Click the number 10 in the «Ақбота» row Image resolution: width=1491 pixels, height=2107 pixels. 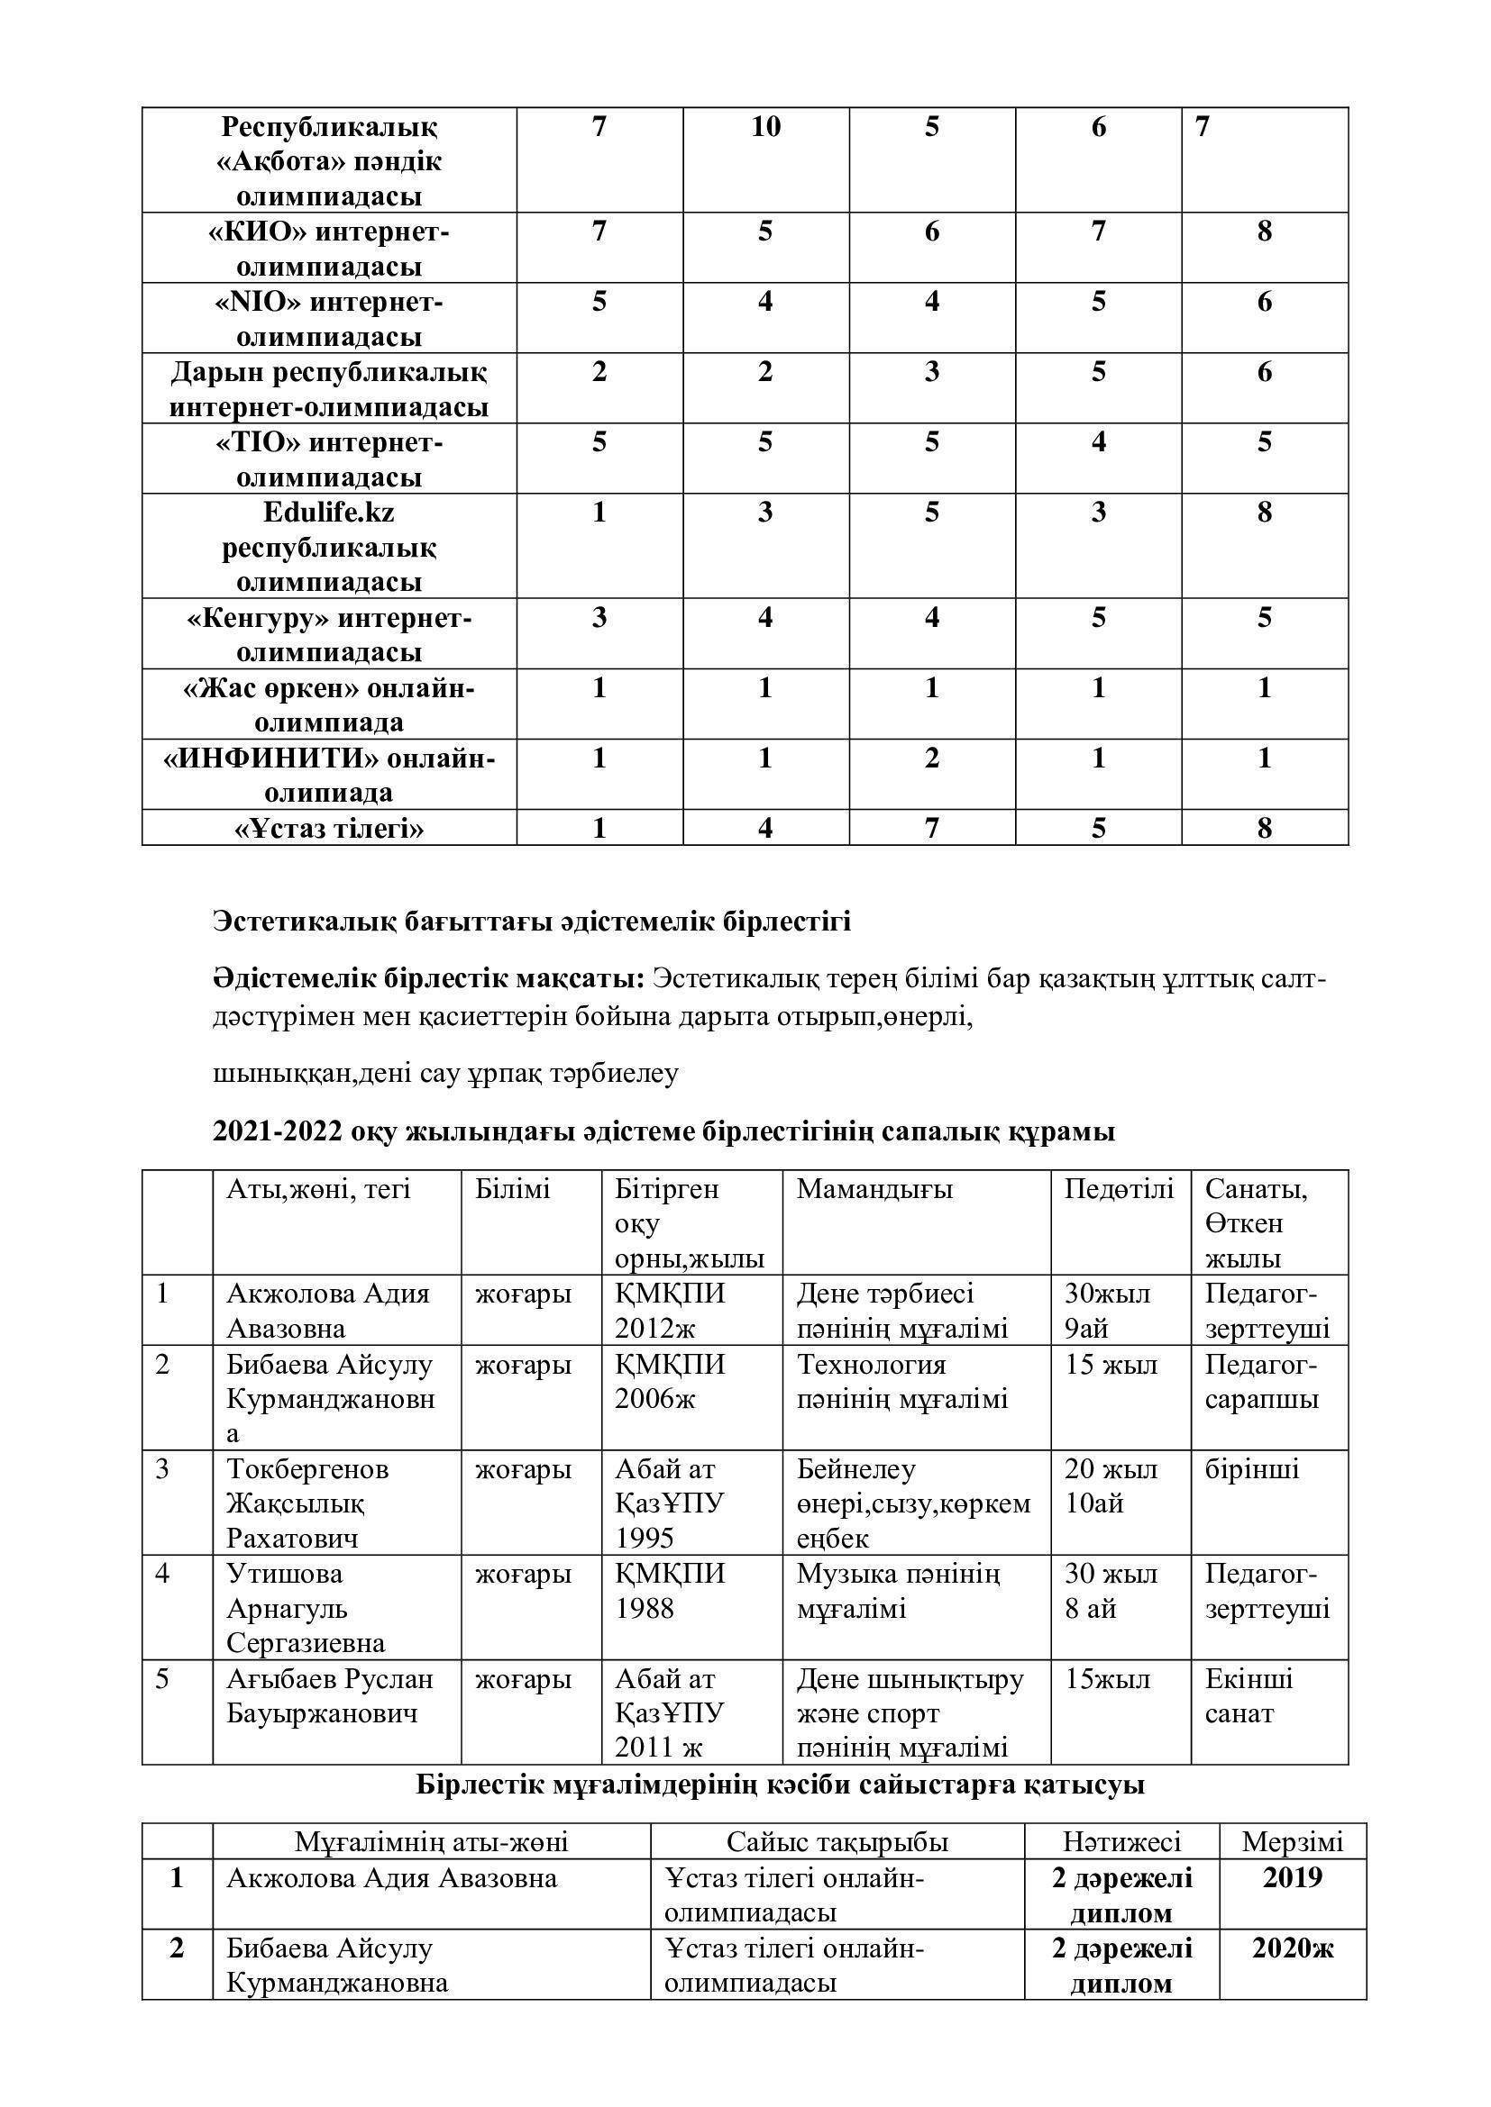tap(764, 127)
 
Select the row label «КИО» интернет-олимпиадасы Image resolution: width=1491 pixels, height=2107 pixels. tap(329, 249)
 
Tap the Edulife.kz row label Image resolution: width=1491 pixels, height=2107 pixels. tap(329, 547)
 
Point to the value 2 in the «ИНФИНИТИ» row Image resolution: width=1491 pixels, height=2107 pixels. tap(931, 758)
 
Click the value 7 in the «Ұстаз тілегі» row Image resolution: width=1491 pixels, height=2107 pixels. tap(931, 829)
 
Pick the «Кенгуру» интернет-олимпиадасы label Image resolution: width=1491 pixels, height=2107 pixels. tap(329, 635)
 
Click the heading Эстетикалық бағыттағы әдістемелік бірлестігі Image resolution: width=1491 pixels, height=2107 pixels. tap(532, 921)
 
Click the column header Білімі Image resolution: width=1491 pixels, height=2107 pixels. tap(512, 1189)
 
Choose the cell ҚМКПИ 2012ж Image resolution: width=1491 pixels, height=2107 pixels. tap(669, 1311)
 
